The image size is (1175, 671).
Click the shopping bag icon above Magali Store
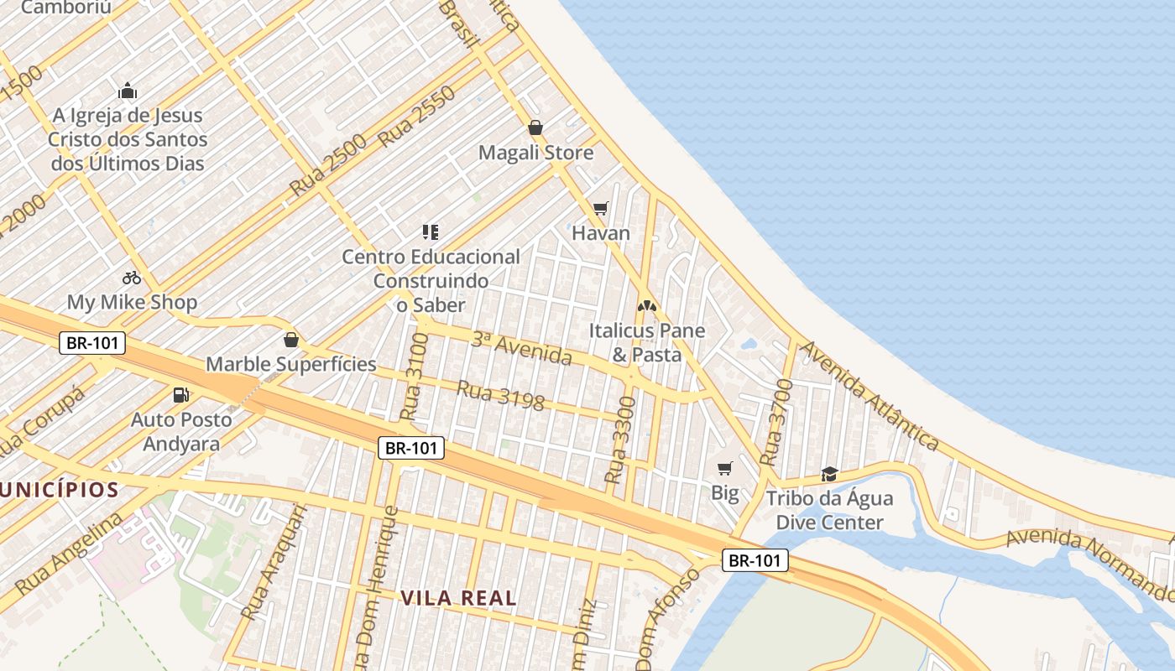(x=535, y=127)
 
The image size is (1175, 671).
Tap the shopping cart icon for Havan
(x=600, y=208)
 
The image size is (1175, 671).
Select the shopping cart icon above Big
(x=724, y=468)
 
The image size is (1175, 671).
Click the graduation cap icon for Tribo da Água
(x=829, y=474)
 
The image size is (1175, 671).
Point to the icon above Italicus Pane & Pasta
(x=645, y=306)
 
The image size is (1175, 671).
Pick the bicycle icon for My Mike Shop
(x=132, y=277)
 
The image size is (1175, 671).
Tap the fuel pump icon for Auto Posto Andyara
(x=180, y=394)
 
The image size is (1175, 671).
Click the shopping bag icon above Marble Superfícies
(x=291, y=340)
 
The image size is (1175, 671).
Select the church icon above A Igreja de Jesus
(x=128, y=91)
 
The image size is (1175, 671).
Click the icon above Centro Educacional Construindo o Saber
(x=431, y=231)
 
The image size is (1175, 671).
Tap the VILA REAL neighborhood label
(x=457, y=598)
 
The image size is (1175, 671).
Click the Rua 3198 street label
(x=500, y=396)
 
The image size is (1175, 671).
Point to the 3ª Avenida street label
(x=521, y=349)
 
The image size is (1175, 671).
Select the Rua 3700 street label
(x=776, y=423)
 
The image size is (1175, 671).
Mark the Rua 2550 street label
(x=417, y=117)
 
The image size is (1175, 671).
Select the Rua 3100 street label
(x=415, y=376)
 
